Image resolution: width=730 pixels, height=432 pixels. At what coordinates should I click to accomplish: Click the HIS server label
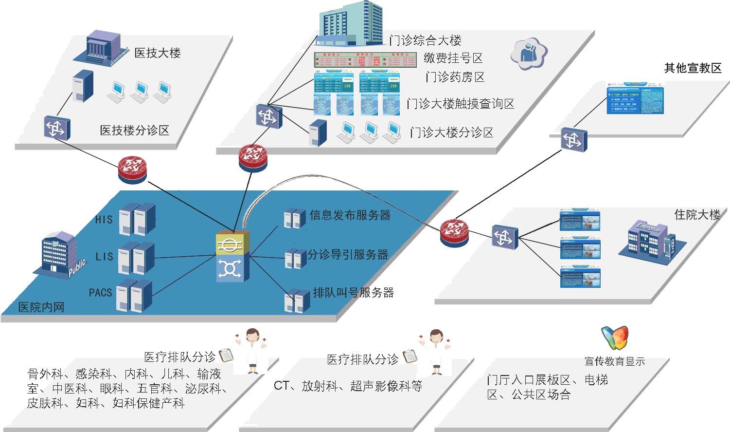104,220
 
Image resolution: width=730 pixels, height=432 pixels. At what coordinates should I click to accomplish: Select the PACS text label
100,292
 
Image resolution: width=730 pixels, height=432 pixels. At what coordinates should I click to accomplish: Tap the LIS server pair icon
136,258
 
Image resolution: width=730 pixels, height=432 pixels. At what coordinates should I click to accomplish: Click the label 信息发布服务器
350,215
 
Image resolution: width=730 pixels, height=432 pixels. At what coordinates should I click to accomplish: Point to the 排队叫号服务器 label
354,292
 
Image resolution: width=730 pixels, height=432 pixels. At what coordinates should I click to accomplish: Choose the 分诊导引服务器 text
348,254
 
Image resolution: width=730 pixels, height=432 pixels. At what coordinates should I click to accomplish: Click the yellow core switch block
232,243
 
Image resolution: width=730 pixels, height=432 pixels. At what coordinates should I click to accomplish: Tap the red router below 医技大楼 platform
132,169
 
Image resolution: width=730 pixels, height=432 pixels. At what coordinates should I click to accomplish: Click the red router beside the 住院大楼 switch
454,232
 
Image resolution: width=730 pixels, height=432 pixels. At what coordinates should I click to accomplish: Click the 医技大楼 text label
157,53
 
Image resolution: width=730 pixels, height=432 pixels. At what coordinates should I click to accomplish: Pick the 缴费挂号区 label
453,58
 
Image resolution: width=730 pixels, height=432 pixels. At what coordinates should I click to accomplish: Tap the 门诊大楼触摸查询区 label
460,103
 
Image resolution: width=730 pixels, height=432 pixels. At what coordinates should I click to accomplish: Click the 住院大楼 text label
697,214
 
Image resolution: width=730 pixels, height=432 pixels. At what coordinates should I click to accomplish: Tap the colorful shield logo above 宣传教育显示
615,338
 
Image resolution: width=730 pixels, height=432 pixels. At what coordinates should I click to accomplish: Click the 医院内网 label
41,307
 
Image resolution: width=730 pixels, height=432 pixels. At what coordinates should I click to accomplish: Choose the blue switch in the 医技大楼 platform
56,128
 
